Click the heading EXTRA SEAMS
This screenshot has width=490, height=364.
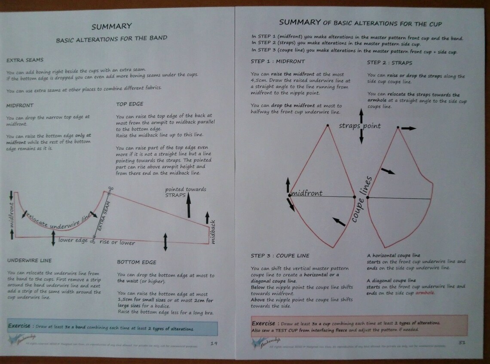[24, 60]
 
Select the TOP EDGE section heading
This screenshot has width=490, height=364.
[129, 104]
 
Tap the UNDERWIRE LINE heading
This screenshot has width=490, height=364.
[29, 260]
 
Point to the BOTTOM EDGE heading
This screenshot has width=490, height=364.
[137, 262]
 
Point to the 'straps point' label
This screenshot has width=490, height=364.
[360, 126]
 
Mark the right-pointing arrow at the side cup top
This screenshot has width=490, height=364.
[409, 128]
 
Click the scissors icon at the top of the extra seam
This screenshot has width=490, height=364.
[110, 189]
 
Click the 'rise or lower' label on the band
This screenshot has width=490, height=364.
[117, 243]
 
